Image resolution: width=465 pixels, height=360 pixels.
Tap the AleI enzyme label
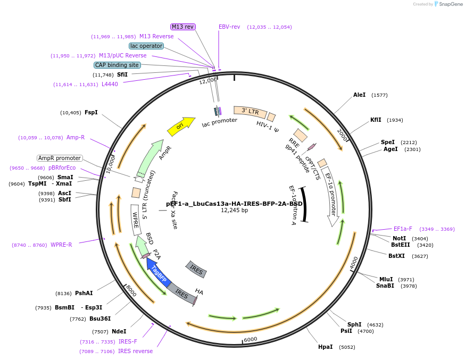pos(360,95)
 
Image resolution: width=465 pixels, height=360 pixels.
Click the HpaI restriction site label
pos(325,347)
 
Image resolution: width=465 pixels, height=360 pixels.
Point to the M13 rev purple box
pos(183,27)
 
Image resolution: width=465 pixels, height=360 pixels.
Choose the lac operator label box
pos(146,46)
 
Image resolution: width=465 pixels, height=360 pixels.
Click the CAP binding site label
pos(117,65)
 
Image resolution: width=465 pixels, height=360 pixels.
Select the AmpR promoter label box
pos(60,158)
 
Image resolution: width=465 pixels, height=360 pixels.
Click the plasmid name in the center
pos(234,204)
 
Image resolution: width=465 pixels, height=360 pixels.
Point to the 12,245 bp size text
pos(234,211)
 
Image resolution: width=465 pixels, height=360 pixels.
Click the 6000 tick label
pos(250,339)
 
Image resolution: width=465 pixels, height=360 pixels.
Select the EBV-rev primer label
pos(229,27)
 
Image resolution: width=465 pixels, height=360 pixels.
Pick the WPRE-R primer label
pos(61,245)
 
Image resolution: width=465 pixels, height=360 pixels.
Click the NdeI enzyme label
pos(119,331)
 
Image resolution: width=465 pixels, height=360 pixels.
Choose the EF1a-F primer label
pos(403,229)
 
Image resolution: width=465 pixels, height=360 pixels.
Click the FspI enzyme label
pos(91,112)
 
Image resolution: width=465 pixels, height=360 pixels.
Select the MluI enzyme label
pos(386,279)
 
